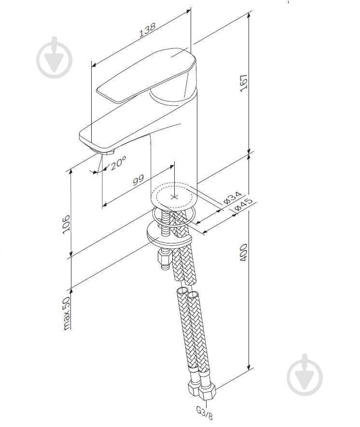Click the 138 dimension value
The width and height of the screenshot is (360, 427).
point(147,29)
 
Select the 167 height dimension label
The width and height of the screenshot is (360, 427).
point(244,83)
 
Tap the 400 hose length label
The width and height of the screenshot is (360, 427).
point(243,253)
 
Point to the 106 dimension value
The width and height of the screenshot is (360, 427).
point(66,224)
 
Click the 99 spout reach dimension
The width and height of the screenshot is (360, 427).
point(138,180)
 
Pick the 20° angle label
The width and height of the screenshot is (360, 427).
point(118,163)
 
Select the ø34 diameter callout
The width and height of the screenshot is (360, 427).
point(233,198)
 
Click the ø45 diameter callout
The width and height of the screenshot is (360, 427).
point(244,205)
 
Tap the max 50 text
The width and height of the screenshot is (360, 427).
point(66,313)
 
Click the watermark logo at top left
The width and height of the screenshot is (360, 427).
point(55,57)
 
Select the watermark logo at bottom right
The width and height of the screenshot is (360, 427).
point(305,375)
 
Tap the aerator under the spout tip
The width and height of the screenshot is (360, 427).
point(105,152)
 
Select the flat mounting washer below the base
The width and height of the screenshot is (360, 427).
point(169,233)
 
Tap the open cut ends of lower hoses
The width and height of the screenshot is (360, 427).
point(188,292)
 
